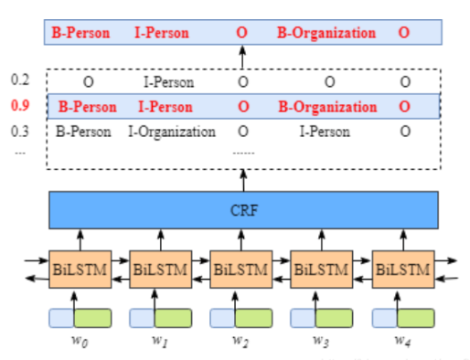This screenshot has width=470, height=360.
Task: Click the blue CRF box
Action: (x=242, y=211)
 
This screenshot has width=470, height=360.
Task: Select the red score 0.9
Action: (x=19, y=106)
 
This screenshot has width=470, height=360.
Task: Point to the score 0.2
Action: (x=19, y=80)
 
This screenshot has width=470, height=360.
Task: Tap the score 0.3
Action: (x=19, y=131)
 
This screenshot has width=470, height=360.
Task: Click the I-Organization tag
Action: (x=171, y=132)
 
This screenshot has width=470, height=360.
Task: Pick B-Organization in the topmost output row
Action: (x=326, y=34)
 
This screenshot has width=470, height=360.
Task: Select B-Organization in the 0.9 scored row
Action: (x=326, y=107)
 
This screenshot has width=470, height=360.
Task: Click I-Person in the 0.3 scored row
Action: (x=325, y=132)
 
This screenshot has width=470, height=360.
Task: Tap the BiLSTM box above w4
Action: (x=402, y=270)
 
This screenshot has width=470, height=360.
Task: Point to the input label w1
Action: (x=160, y=342)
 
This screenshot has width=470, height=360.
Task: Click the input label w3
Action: (x=321, y=342)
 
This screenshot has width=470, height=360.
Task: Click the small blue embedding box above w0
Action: (x=60, y=319)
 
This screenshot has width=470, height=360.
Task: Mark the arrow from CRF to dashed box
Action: (x=242, y=180)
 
